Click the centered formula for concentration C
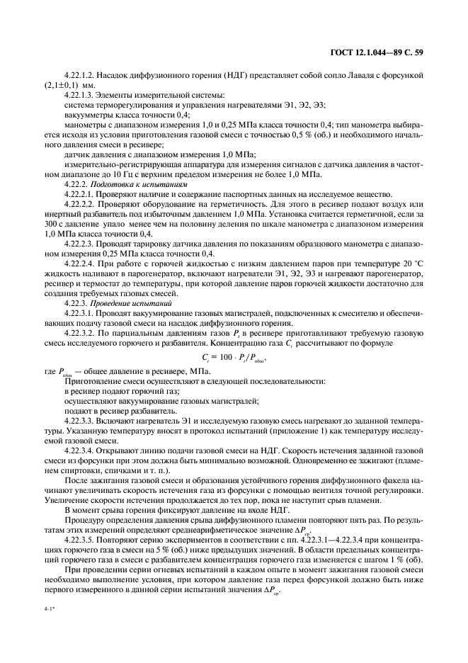click(234, 357)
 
